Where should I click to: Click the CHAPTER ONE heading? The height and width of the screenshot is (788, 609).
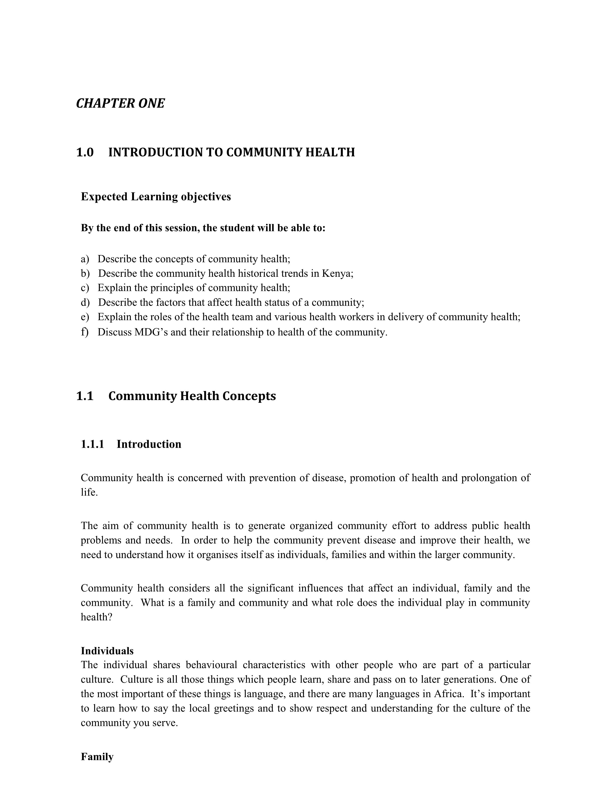coord(120,104)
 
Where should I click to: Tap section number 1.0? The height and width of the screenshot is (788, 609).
coord(85,152)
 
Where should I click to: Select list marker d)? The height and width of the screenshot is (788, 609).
coord(85,302)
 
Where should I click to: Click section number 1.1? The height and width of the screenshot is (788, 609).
coord(85,396)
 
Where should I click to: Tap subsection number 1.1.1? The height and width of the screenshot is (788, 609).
coord(92,444)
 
